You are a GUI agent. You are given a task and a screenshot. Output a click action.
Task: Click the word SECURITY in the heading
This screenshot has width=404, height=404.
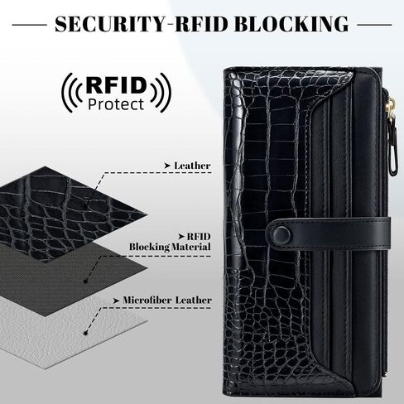[x=110, y=24]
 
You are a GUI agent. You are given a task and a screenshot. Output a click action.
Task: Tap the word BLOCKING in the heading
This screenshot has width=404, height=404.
[x=291, y=24]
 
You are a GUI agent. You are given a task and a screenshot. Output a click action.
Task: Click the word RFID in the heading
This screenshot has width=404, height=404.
[x=202, y=24]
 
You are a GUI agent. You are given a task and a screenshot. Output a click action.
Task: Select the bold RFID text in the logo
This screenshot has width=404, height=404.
[x=116, y=85]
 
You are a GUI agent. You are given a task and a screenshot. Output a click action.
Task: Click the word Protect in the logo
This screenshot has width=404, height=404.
[x=116, y=104]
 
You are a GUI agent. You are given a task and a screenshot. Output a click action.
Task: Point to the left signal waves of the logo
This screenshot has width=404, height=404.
[x=71, y=93]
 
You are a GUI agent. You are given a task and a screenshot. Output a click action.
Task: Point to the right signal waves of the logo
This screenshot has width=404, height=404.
[x=161, y=93]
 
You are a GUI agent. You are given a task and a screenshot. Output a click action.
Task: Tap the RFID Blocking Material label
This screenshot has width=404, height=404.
[x=170, y=242]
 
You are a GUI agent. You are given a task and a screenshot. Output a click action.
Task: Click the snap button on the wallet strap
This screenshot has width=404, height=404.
[x=281, y=234]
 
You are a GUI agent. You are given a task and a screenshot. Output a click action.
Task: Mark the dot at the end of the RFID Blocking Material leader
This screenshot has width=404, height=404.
[x=85, y=281]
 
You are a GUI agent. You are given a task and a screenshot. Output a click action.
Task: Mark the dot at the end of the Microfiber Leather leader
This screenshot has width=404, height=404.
[x=85, y=333]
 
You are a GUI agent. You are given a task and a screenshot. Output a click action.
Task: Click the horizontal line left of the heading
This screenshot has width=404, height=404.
[x=30, y=25]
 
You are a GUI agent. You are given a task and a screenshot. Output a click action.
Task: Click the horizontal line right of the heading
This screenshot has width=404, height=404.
[x=374, y=25]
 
